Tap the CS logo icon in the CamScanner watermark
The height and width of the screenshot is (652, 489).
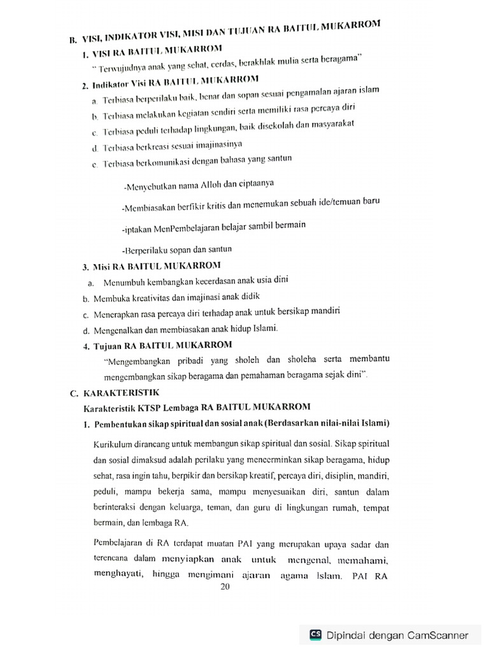tap(315, 634)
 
